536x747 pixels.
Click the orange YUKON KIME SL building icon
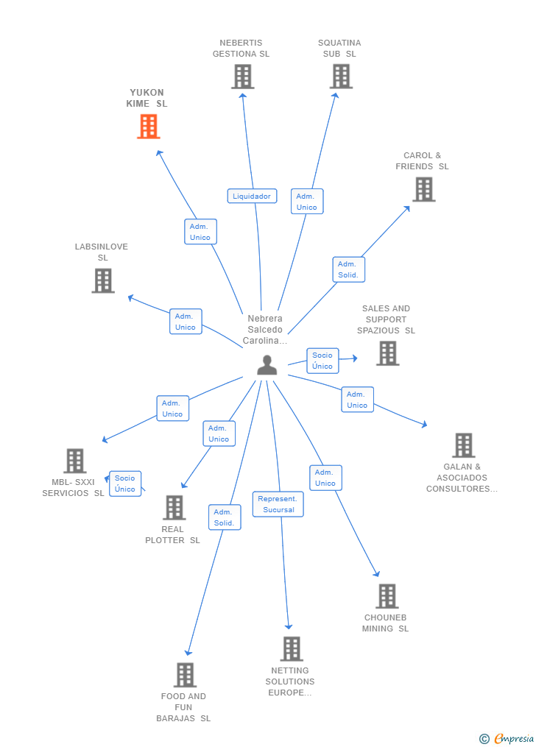[148, 127]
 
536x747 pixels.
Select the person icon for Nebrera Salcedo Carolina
[267, 365]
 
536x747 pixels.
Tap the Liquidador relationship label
[252, 196]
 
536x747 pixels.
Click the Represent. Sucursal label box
[278, 504]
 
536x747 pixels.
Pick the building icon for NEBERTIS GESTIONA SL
[242, 77]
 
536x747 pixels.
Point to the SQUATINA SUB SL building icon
[341, 77]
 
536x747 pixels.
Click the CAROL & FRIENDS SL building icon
[423, 189]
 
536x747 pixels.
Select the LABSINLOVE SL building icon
[103, 280]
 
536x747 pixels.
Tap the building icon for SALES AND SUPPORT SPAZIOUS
[388, 353]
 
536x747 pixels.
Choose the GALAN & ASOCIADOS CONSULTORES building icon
[464, 445]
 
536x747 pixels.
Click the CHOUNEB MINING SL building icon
[387, 596]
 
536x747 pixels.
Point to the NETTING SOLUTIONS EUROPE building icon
[292, 649]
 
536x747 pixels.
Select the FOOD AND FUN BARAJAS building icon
[185, 675]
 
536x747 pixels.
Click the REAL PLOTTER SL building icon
[174, 507]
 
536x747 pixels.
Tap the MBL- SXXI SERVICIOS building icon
[75, 461]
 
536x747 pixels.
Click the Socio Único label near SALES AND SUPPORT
[322, 361]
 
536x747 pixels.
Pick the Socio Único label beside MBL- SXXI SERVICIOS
[125, 484]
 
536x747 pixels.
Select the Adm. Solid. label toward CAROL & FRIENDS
[348, 269]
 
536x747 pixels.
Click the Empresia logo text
[514, 739]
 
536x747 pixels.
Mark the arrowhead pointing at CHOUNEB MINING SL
[376, 573]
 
